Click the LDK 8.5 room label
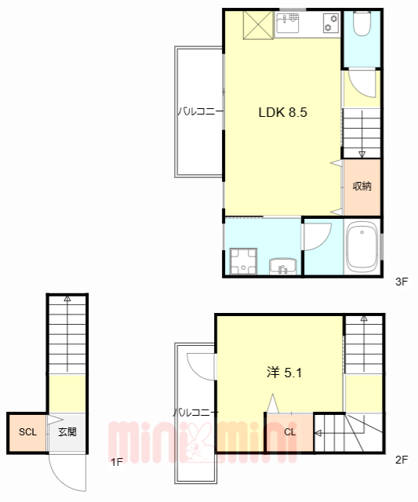pyautogui.click(x=282, y=112)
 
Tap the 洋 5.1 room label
pyautogui.click(x=284, y=373)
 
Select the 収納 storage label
pyautogui.click(x=362, y=186)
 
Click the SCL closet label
pyautogui.click(x=27, y=432)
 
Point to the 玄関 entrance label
pyautogui.click(x=67, y=432)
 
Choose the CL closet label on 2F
pyautogui.click(x=290, y=432)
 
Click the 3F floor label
pyautogui.click(x=402, y=282)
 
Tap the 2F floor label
pyautogui.click(x=402, y=460)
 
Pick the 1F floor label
pyautogui.click(x=117, y=462)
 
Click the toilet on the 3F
pyautogui.click(x=362, y=23)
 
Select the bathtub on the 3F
pyautogui.click(x=362, y=247)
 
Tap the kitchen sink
pyautogui.click(x=288, y=23)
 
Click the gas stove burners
pyautogui.click(x=331, y=23)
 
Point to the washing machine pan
pyautogui.click(x=243, y=261)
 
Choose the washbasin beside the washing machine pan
pyautogui.click(x=283, y=267)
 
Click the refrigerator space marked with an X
pyautogui.click(x=258, y=25)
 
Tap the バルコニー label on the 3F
pyautogui.click(x=200, y=111)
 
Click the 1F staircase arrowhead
pyautogui.click(x=67, y=298)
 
